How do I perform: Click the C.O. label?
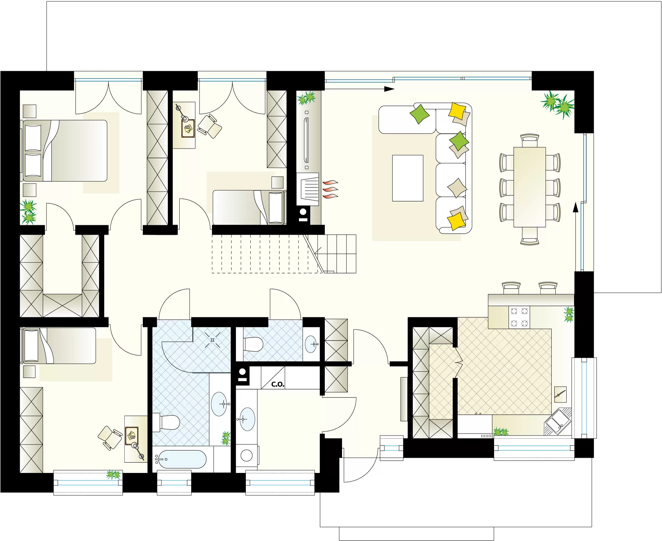pos(278,384)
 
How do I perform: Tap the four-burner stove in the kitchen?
pos(519,317)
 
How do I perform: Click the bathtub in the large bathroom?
pos(180,459)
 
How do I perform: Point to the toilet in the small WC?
pos(253,344)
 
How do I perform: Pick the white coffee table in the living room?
pos(408,178)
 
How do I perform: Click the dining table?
pos(530,187)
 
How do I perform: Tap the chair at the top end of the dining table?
pos(530,141)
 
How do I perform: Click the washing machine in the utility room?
pos(247,455)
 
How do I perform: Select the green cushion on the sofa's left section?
pos(419,114)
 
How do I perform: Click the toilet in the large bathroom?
pos(167,422)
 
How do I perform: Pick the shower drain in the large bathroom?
pos(212,340)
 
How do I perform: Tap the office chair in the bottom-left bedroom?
pos(110,438)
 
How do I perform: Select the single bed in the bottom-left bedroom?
pos(59,346)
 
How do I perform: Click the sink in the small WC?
pos(311,344)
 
